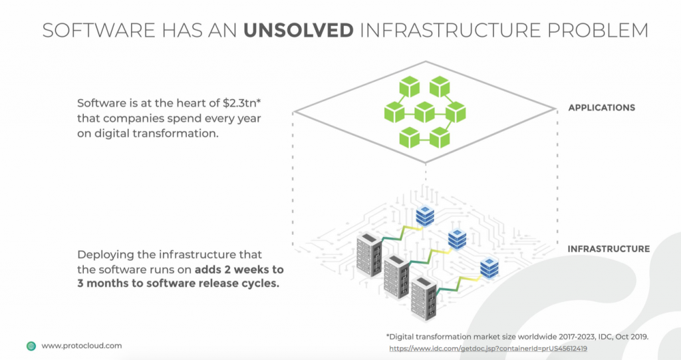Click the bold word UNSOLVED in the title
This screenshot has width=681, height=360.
pyautogui.click(x=299, y=31)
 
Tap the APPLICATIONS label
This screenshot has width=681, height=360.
pyautogui.click(x=601, y=108)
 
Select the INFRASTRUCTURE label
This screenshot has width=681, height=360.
pyautogui.click(x=609, y=249)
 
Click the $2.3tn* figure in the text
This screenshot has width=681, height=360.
pyautogui.click(x=241, y=104)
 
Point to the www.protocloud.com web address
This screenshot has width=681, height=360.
pyautogui.click(x=82, y=346)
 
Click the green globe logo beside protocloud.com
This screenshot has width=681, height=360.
pyautogui.click(x=31, y=346)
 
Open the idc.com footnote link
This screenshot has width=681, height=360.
pyautogui.click(x=488, y=349)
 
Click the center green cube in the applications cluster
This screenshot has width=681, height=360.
pyautogui.click(x=425, y=112)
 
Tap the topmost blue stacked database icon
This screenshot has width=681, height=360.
pyautogui.click(x=425, y=216)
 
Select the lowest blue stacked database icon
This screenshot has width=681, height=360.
pyautogui.click(x=489, y=268)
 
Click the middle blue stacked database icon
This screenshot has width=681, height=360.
pyautogui.click(x=458, y=239)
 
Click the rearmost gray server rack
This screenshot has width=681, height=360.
pyautogui.click(x=370, y=255)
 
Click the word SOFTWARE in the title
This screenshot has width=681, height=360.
pyautogui.click(x=98, y=31)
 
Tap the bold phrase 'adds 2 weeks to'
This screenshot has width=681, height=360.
pyautogui.click(x=239, y=270)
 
